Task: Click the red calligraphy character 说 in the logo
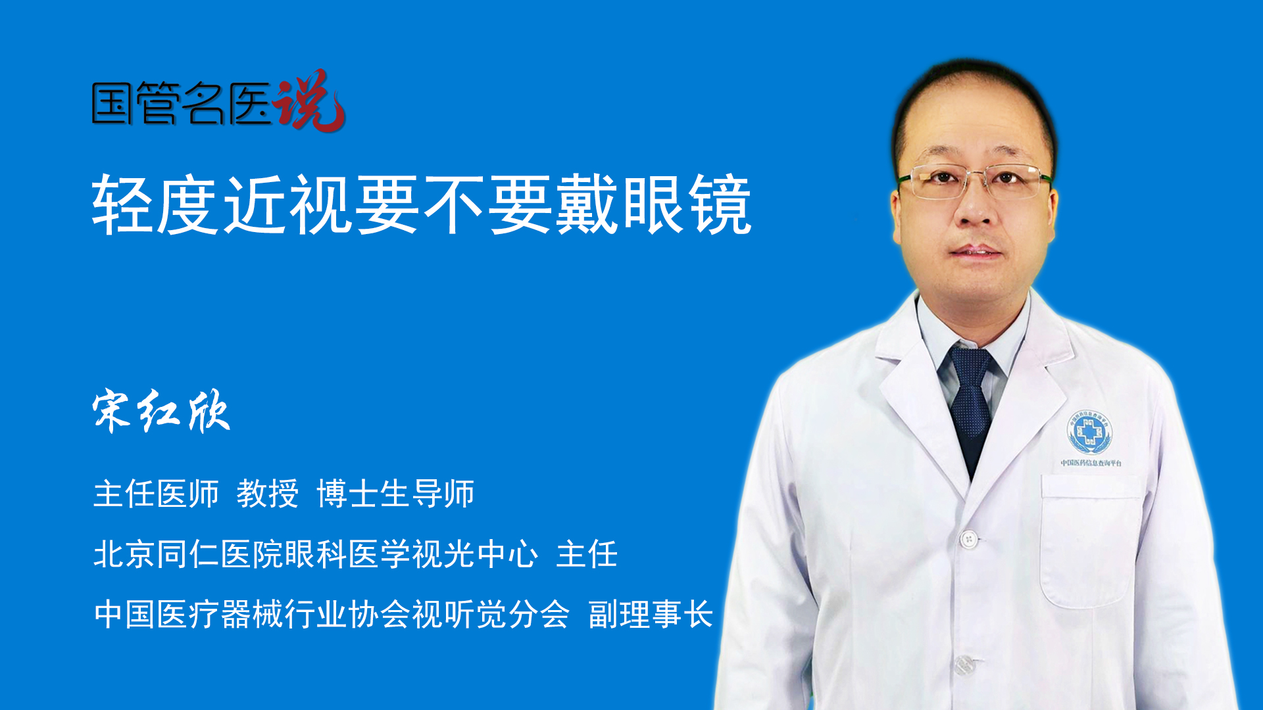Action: click(x=309, y=100)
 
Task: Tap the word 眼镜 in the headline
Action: click(x=687, y=204)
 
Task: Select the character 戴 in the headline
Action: click(x=587, y=204)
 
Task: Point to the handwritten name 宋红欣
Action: click(x=161, y=412)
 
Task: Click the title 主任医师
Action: click(x=156, y=494)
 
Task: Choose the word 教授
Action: click(x=268, y=494)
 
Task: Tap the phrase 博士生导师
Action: click(x=395, y=494)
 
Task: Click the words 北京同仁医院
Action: click(x=188, y=554)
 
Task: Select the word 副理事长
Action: click(x=651, y=615)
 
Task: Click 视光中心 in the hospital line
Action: click(x=474, y=554)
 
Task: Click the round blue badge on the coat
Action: click(x=1089, y=432)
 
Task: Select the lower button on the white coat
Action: click(x=964, y=665)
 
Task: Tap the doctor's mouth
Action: click(x=976, y=252)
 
